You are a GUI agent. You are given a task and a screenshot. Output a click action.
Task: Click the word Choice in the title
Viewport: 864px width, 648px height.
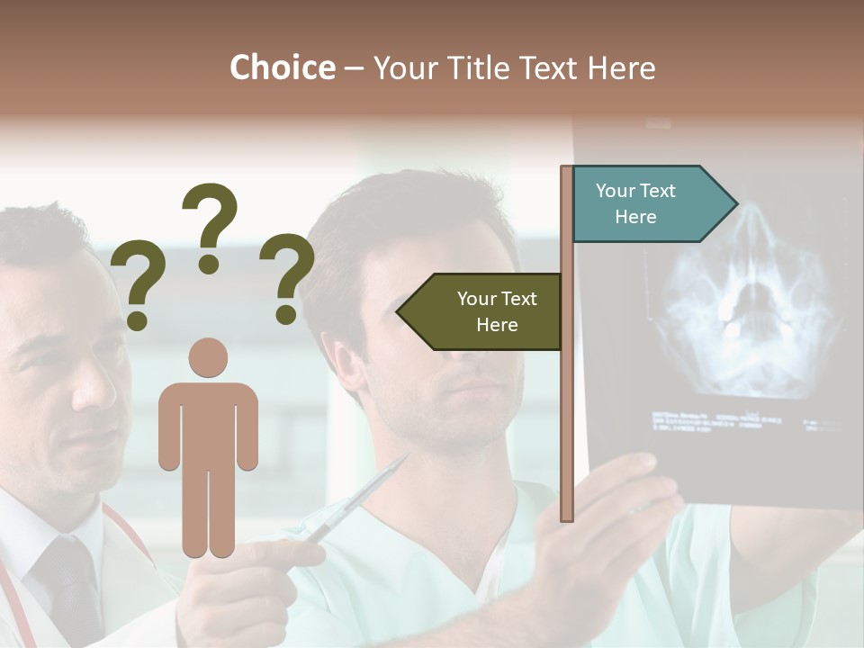pyautogui.click(x=282, y=67)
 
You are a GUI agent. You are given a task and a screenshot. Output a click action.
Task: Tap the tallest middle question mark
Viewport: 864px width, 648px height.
pyautogui.click(x=210, y=225)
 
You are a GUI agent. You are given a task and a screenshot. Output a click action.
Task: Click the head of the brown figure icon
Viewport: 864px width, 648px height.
pyautogui.click(x=208, y=357)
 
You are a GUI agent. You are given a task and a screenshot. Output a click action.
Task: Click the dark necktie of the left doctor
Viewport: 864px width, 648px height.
pyautogui.click(x=67, y=585)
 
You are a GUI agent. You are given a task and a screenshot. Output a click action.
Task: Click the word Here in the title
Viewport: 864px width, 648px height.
pyautogui.click(x=622, y=67)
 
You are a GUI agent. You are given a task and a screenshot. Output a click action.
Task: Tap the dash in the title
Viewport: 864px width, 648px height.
pyautogui.click(x=354, y=67)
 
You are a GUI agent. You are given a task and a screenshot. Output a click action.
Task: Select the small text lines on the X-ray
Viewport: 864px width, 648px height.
pyautogui.click(x=720, y=420)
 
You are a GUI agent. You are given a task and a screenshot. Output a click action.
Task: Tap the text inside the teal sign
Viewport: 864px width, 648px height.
pyautogui.click(x=635, y=203)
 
